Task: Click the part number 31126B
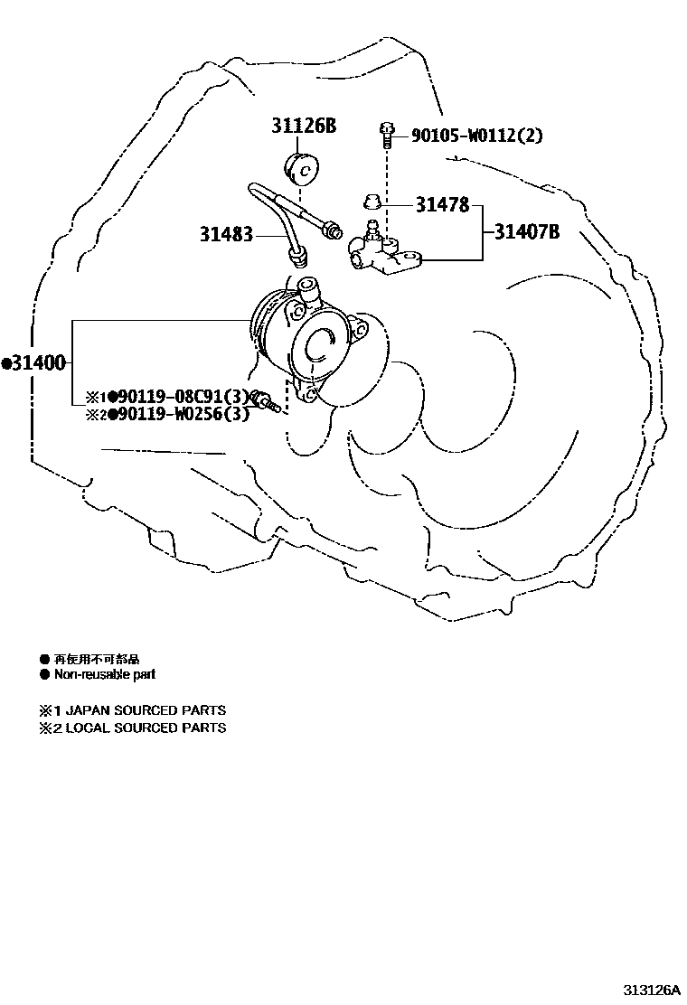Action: [304, 126]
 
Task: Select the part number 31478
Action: [442, 205]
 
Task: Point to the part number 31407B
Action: [526, 232]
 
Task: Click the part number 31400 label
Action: [36, 363]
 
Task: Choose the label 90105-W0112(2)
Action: [476, 136]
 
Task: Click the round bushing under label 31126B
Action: [304, 168]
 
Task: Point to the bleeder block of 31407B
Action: [384, 254]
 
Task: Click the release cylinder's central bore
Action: [320, 346]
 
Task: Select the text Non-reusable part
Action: [104, 674]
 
